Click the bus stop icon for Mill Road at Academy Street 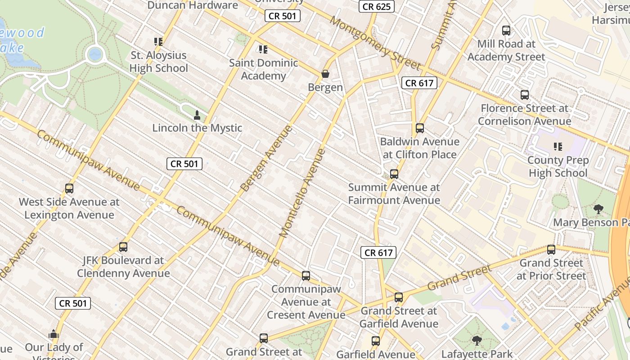pos(506,31)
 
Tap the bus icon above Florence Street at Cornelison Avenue pos(524,95)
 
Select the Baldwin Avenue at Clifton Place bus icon pos(420,128)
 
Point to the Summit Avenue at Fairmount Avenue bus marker pos(394,174)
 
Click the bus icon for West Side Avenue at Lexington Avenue pos(69,189)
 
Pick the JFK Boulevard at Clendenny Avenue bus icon pos(123,247)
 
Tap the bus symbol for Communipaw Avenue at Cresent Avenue pos(306,276)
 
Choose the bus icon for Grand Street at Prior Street pos(551,250)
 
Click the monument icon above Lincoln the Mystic pos(197,115)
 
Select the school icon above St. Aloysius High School pos(158,42)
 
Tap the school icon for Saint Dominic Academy pos(263,49)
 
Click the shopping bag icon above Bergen pos(325,74)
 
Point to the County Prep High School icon pos(558,147)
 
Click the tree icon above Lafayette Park pos(477,341)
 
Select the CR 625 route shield pos(377,6)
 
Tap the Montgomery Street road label pos(374,43)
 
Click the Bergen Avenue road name pos(266,158)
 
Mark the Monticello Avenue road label pos(302,193)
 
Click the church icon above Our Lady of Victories pos(54,334)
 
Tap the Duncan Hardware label pos(193,5)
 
